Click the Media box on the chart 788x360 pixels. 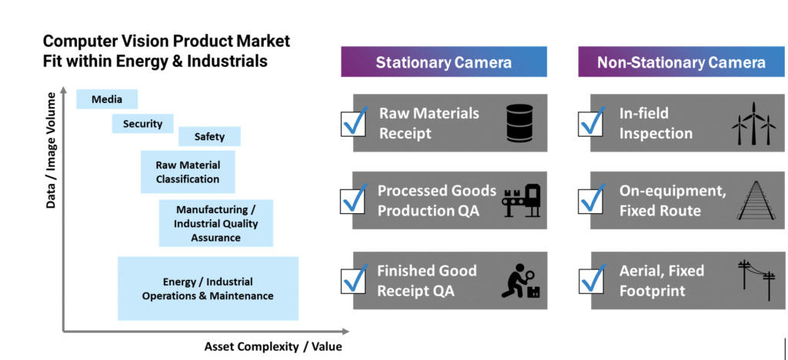click(107, 99)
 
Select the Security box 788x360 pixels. click(142, 124)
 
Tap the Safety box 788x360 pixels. click(209, 136)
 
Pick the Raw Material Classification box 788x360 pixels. click(188, 172)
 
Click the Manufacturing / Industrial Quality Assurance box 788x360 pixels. click(216, 223)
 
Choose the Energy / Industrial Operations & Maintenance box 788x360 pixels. click(208, 288)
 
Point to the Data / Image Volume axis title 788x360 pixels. click(51, 150)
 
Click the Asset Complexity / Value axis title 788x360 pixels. click(273, 346)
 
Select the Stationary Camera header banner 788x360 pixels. click(444, 62)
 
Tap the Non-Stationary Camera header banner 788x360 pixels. click(681, 62)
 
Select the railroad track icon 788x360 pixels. click(756, 200)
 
